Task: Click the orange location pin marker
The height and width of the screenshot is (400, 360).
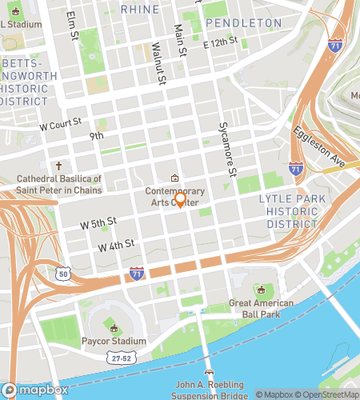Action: click(x=180, y=200)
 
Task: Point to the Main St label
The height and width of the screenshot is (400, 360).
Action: click(x=181, y=40)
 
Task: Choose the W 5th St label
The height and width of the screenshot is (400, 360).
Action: click(x=101, y=221)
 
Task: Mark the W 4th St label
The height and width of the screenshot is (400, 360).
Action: click(x=116, y=244)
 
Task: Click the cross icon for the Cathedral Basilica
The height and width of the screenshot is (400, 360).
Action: click(x=58, y=167)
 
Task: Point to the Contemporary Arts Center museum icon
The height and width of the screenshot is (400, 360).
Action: click(x=175, y=178)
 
